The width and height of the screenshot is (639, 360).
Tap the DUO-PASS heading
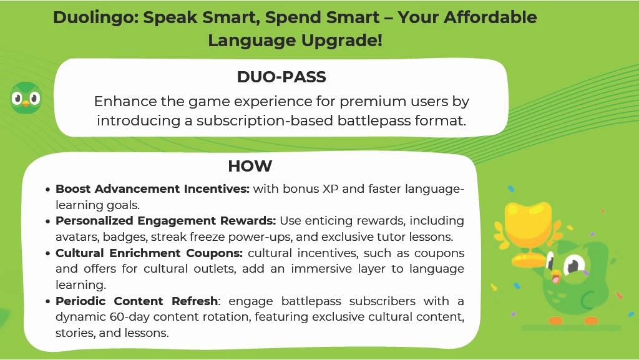(281, 77)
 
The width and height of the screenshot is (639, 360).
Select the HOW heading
(250, 166)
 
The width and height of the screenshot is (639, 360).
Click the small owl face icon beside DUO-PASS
(26, 98)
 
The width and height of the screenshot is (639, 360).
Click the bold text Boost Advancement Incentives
(152, 189)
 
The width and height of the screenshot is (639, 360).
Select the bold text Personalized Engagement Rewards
(166, 221)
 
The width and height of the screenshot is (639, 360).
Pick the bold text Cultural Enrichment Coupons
(149, 253)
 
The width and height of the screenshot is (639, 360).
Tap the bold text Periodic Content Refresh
(137, 301)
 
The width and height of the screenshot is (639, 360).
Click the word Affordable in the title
(490, 17)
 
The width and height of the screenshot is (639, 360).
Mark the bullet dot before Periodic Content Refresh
(48, 302)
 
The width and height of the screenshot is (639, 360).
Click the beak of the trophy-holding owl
(555, 278)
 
